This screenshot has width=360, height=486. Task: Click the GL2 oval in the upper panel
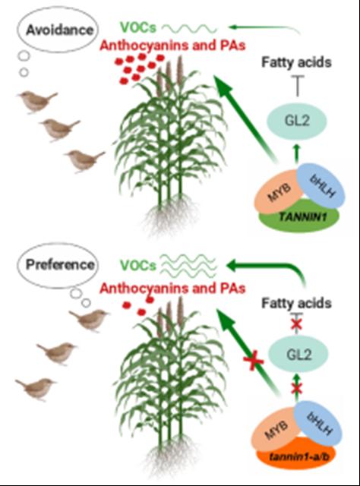point(297,121)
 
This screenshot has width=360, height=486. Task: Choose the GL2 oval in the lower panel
point(298,355)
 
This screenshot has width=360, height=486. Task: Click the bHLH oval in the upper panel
point(321,188)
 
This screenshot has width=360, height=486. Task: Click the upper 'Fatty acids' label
point(296,62)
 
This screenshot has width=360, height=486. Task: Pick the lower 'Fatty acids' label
point(296,303)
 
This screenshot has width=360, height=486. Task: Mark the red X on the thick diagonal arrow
point(254,361)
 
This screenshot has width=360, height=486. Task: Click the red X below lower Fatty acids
point(297,324)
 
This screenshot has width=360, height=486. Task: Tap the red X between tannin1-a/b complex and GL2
point(297,387)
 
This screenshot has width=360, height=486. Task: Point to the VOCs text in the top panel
point(138,28)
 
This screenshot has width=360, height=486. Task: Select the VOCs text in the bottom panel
point(138,265)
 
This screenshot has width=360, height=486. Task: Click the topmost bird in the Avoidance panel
point(37,102)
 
